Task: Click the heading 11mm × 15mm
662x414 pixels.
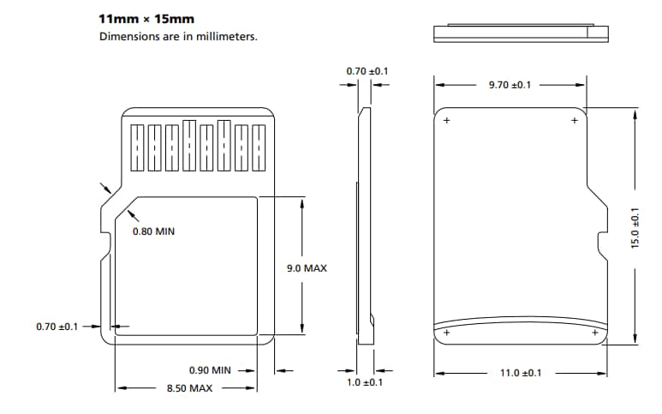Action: (146, 17)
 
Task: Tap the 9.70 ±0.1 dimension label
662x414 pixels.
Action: (510, 85)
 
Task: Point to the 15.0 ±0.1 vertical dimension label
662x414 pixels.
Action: (635, 228)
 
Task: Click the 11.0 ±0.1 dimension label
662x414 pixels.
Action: (521, 373)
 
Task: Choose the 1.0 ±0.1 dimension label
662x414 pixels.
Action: (364, 382)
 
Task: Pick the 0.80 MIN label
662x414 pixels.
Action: (153, 231)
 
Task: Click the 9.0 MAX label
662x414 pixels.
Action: (307, 268)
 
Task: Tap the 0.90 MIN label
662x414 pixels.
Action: (210, 370)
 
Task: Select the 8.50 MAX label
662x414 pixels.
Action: (189, 388)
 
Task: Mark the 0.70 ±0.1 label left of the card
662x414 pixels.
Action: (57, 327)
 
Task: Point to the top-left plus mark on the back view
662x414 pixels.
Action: (446, 121)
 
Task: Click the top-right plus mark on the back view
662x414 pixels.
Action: (574, 121)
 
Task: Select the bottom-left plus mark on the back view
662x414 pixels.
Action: (446, 332)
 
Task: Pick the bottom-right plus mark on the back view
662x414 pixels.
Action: (595, 332)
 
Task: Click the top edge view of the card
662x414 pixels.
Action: (521, 33)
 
